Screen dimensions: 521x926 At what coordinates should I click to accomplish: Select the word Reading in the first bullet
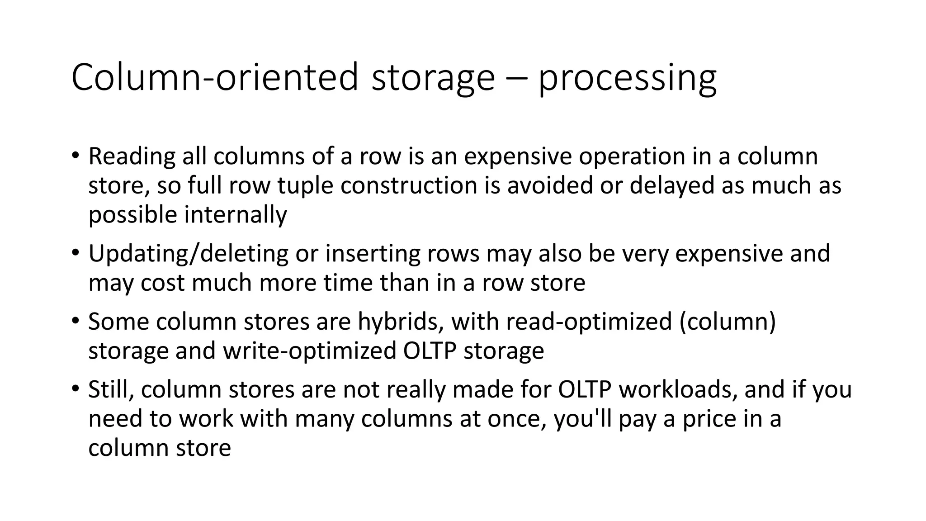(132, 157)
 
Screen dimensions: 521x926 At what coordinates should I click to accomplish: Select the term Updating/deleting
(188, 254)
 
